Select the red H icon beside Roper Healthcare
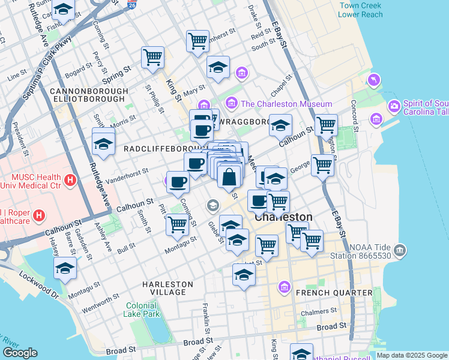pyautogui.click(x=40, y=215)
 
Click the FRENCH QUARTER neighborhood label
pyautogui.click(x=334, y=292)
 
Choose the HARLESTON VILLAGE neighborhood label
pyautogui.click(x=167, y=288)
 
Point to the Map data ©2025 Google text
pyautogui.click(x=412, y=355)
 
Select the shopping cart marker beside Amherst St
pyautogui.click(x=197, y=41)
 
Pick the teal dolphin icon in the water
pyautogui.click(x=375, y=80)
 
